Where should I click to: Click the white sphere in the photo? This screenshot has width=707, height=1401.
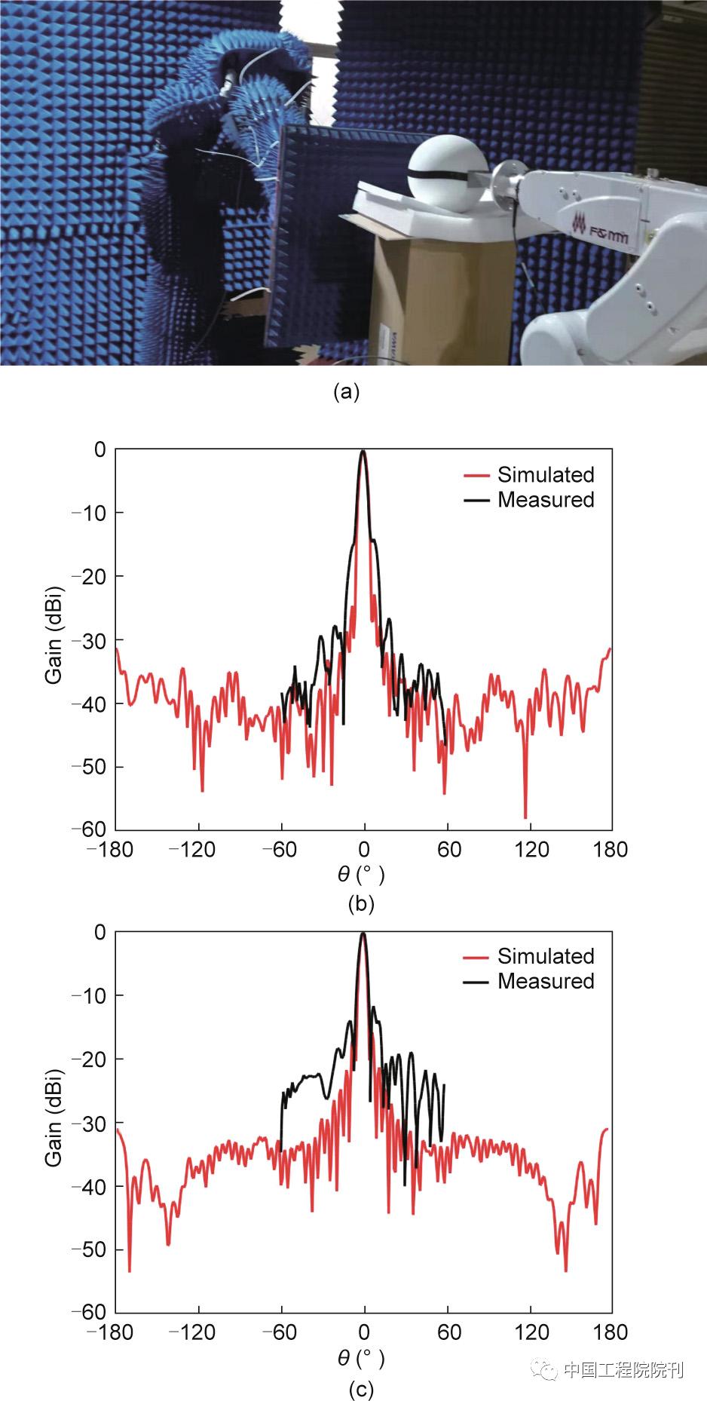444,177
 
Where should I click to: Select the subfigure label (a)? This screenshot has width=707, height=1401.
346,392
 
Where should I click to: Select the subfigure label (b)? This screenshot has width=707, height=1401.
361,903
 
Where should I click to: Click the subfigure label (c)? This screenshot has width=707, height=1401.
361,1389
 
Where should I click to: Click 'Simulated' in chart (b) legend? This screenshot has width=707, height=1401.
546,475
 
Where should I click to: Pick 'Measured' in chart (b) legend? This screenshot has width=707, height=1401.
546,500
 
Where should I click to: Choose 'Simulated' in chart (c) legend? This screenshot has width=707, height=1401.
546,956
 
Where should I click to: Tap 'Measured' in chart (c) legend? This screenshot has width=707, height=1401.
546,981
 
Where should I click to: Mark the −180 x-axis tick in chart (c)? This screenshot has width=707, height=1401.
110,1332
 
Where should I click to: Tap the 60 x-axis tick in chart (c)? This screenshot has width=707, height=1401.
448,1332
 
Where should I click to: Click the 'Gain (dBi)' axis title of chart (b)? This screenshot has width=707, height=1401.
54,639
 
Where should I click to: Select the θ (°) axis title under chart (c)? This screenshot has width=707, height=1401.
361,1358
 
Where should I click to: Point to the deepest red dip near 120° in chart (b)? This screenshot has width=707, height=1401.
525,817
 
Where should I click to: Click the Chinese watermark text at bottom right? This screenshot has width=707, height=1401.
623,1370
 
